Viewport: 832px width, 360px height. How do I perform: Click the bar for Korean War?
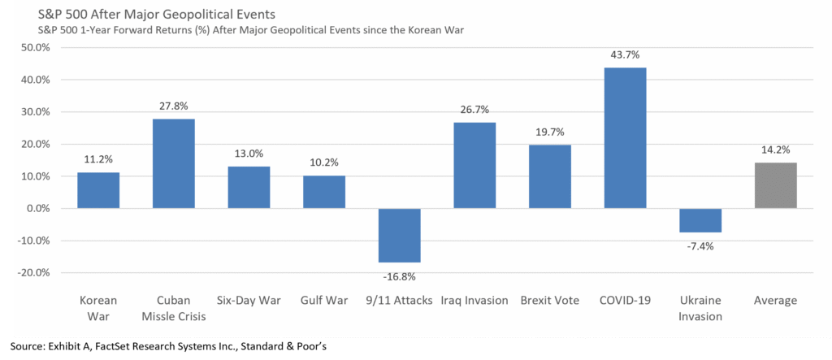click(x=98, y=190)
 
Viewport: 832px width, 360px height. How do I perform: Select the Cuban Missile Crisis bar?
click(x=173, y=163)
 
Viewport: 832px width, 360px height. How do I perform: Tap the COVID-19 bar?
click(x=625, y=138)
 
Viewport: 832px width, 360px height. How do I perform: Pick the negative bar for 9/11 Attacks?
click(x=399, y=235)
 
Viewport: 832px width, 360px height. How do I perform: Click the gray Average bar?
click(x=775, y=185)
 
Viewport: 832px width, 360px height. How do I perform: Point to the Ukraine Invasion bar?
click(x=700, y=220)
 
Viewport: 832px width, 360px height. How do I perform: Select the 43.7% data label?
click(x=625, y=54)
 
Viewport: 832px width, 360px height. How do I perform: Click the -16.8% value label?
click(x=399, y=276)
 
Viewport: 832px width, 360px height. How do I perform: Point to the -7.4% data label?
click(x=700, y=246)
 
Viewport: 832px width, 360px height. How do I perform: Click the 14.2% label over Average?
click(x=775, y=150)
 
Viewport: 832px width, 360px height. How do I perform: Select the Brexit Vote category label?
click(x=549, y=301)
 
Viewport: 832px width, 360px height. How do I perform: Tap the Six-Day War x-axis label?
click(x=249, y=301)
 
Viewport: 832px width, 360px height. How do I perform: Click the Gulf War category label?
click(x=323, y=301)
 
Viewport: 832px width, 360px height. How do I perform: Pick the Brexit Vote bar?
click(x=549, y=176)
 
